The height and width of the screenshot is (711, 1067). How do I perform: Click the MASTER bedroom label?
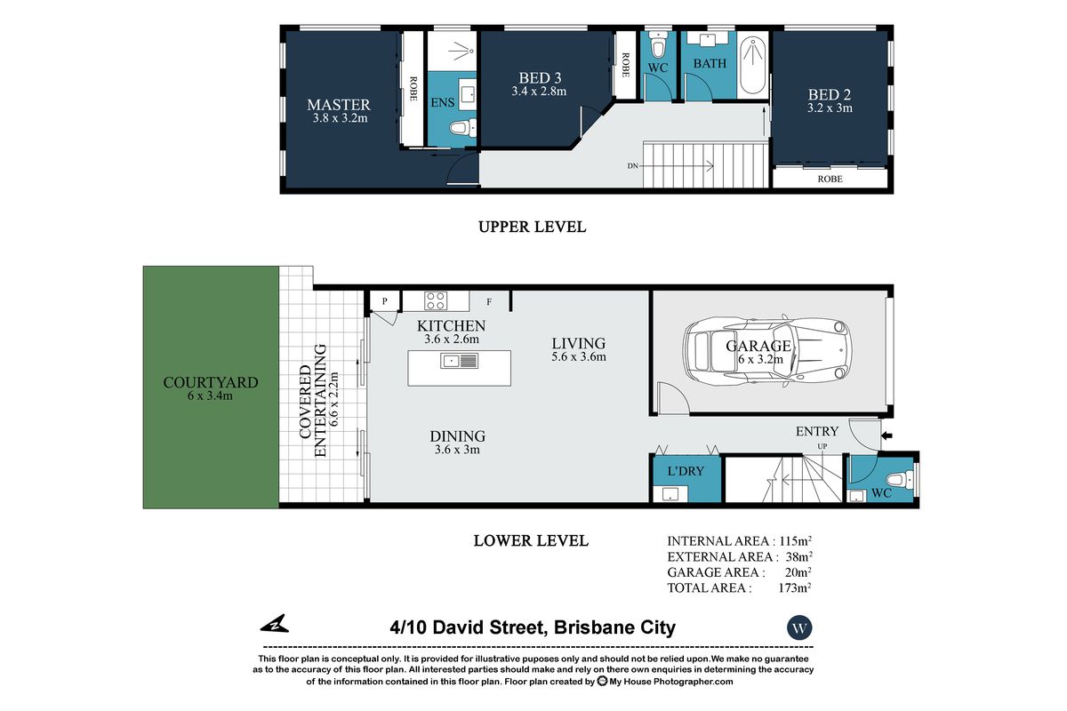click(338, 105)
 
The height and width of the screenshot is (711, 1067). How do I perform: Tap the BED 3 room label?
click(540, 77)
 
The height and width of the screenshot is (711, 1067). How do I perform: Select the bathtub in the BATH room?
click(752, 67)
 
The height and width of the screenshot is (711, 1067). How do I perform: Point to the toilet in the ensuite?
click(462, 128)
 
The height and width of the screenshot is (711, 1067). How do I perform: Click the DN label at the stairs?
click(632, 165)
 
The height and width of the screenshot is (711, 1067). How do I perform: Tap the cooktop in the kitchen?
click(436, 301)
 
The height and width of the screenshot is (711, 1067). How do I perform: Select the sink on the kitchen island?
click(459, 361)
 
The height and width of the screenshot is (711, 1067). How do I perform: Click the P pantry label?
click(384, 301)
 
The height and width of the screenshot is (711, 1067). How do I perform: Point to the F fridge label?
click(489, 301)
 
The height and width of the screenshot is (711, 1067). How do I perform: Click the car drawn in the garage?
click(766, 350)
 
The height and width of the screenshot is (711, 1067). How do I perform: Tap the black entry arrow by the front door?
click(887, 435)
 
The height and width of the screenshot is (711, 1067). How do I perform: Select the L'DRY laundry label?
click(686, 471)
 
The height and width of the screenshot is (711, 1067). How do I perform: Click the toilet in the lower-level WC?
click(898, 479)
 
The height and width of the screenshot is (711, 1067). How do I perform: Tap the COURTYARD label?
click(211, 382)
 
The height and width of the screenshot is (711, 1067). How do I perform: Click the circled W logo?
click(799, 627)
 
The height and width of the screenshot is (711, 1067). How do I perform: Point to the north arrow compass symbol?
click(275, 624)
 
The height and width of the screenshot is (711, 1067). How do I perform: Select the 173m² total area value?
click(795, 587)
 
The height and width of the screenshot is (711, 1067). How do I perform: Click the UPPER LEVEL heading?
click(532, 227)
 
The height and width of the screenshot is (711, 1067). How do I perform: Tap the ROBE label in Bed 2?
click(830, 179)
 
